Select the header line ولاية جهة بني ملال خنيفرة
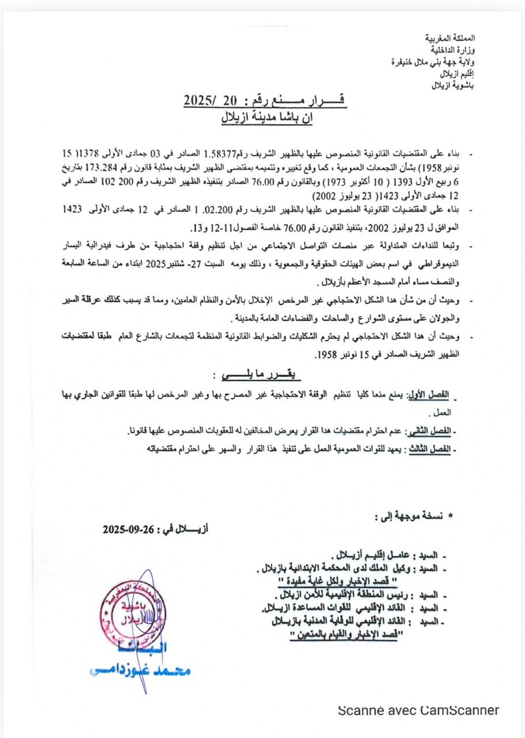[x=441, y=62]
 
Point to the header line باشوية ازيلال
[x=456, y=86]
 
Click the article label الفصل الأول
[x=429, y=395]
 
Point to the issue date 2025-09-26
[x=128, y=528]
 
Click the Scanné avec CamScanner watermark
[x=418, y=710]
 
